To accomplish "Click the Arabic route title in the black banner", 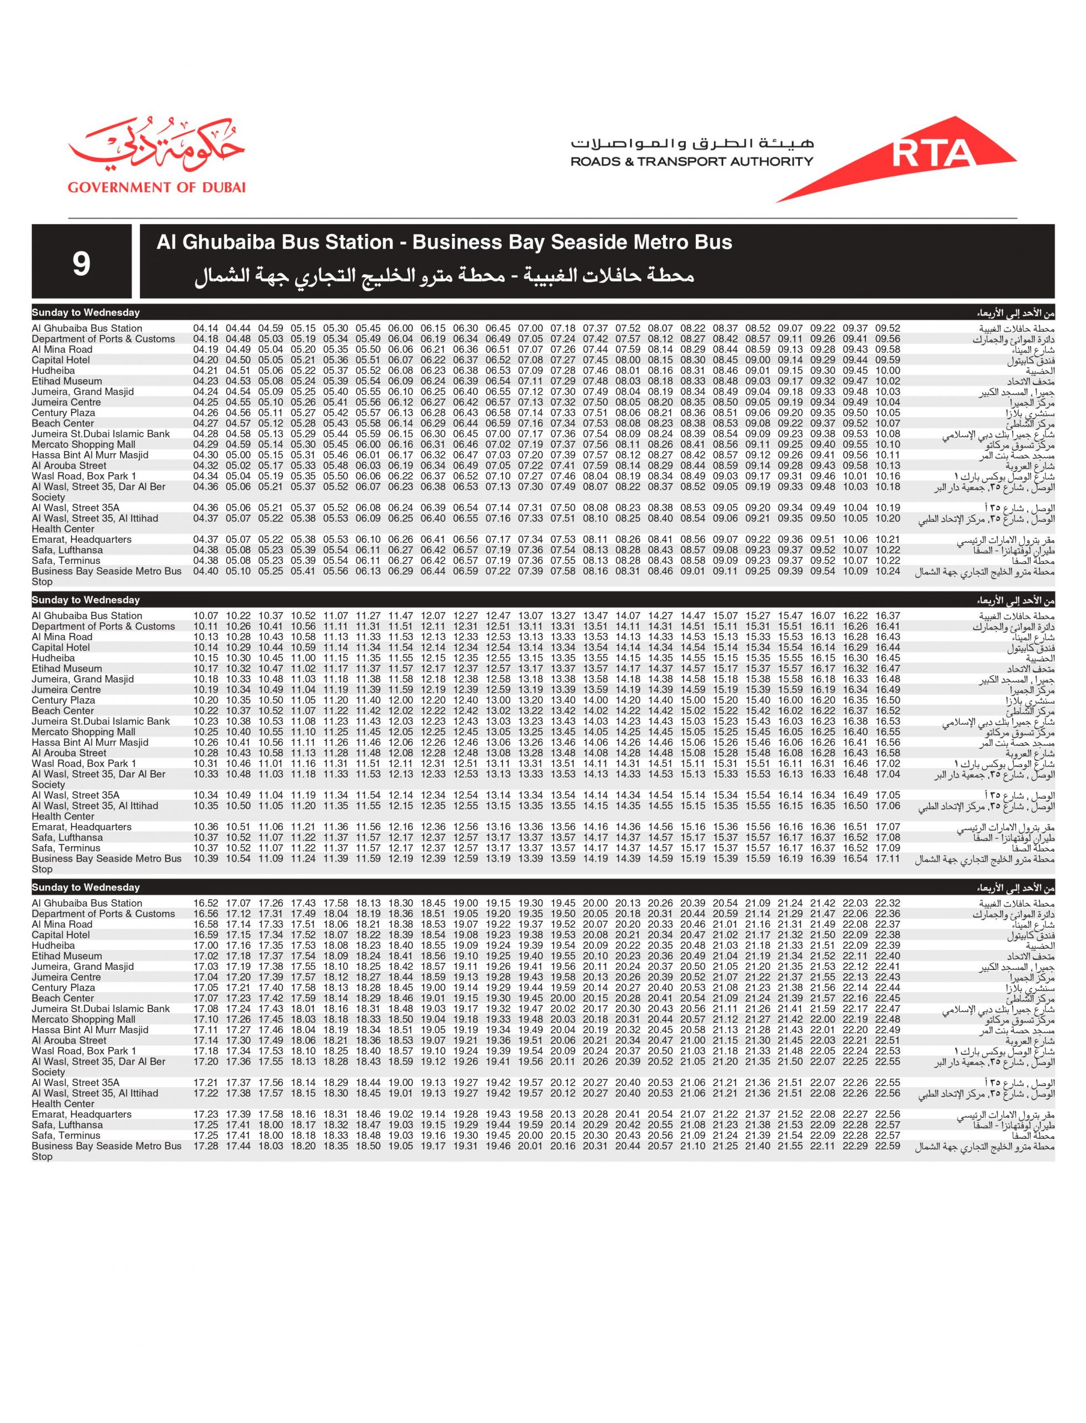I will (444, 276).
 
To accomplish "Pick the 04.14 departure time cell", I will (206, 329).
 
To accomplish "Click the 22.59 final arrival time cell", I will (888, 1146).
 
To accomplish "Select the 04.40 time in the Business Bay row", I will (206, 571).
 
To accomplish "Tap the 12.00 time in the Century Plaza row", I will (400, 700).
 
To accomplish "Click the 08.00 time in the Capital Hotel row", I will (627, 360).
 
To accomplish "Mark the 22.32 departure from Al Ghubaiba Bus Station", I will (888, 903).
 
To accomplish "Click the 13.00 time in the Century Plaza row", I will (498, 700).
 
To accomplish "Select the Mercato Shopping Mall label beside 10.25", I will (83, 732).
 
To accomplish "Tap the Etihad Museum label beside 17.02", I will (67, 956).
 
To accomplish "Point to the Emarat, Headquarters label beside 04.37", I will (82, 539).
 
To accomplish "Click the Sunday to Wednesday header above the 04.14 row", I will (86, 313).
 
